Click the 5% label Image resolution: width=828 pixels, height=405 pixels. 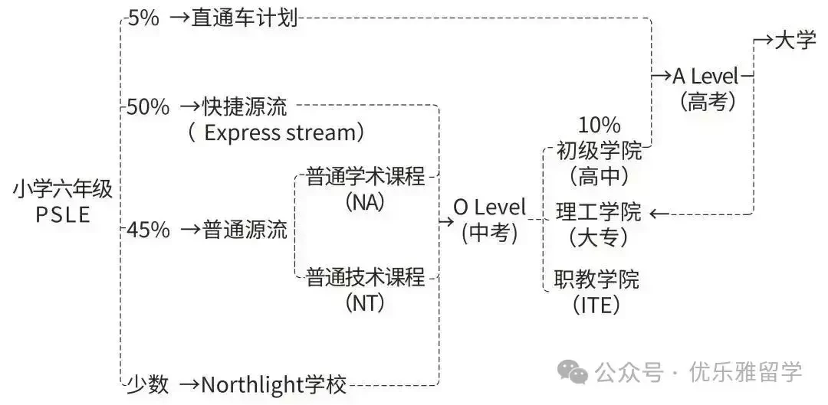pos(143,19)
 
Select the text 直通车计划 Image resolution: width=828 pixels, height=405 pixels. pos(245,19)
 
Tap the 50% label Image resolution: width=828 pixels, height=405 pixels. pos(149,107)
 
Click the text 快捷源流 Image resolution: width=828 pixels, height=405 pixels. pos(245,107)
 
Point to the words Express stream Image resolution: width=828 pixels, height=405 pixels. pos(280,133)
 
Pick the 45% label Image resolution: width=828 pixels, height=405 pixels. pos(149,230)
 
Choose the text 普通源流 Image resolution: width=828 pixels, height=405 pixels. pos(245,230)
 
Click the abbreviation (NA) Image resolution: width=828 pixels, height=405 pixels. pos(366,202)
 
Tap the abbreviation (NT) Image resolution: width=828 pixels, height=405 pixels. pos(366,302)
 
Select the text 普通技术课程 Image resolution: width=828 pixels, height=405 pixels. pos(366,277)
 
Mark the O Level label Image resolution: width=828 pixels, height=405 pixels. pos(489,207)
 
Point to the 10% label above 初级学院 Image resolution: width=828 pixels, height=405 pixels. pos(599,126)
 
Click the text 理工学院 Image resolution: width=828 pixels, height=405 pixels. pos(599,212)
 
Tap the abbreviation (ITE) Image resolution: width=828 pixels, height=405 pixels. pos(596,305)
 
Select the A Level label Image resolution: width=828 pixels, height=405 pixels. pos(705,77)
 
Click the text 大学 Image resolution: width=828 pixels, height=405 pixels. pos(795,41)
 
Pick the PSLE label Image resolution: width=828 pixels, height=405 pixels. pos(63,215)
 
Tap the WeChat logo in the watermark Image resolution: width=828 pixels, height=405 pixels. pos(573,372)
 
